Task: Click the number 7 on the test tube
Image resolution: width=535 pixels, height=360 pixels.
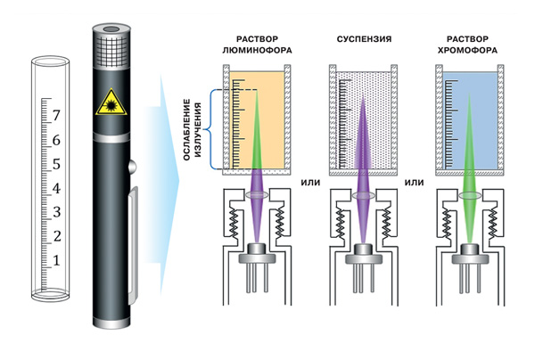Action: click(x=56, y=116)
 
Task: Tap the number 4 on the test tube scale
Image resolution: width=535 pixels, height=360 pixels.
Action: click(x=56, y=188)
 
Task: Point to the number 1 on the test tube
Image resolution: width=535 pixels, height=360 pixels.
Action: click(x=57, y=261)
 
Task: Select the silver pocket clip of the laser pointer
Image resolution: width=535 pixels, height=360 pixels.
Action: click(x=132, y=245)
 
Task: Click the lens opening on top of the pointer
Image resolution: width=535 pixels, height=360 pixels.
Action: click(x=111, y=29)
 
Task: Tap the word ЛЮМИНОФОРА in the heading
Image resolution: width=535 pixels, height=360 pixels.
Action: click(x=258, y=51)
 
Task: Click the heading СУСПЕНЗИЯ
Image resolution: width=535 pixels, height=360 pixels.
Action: click(x=364, y=39)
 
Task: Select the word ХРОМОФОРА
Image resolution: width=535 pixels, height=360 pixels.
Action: click(x=467, y=51)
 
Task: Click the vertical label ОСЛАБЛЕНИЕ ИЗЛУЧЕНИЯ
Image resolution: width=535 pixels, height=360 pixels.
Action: click(x=192, y=129)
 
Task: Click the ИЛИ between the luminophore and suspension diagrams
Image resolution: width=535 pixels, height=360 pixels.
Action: click(x=310, y=183)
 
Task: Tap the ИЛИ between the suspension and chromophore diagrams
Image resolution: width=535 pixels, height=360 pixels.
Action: click(x=415, y=183)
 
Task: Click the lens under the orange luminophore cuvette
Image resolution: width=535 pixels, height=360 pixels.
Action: click(x=257, y=195)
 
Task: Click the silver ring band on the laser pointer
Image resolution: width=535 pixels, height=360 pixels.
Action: click(x=111, y=138)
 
